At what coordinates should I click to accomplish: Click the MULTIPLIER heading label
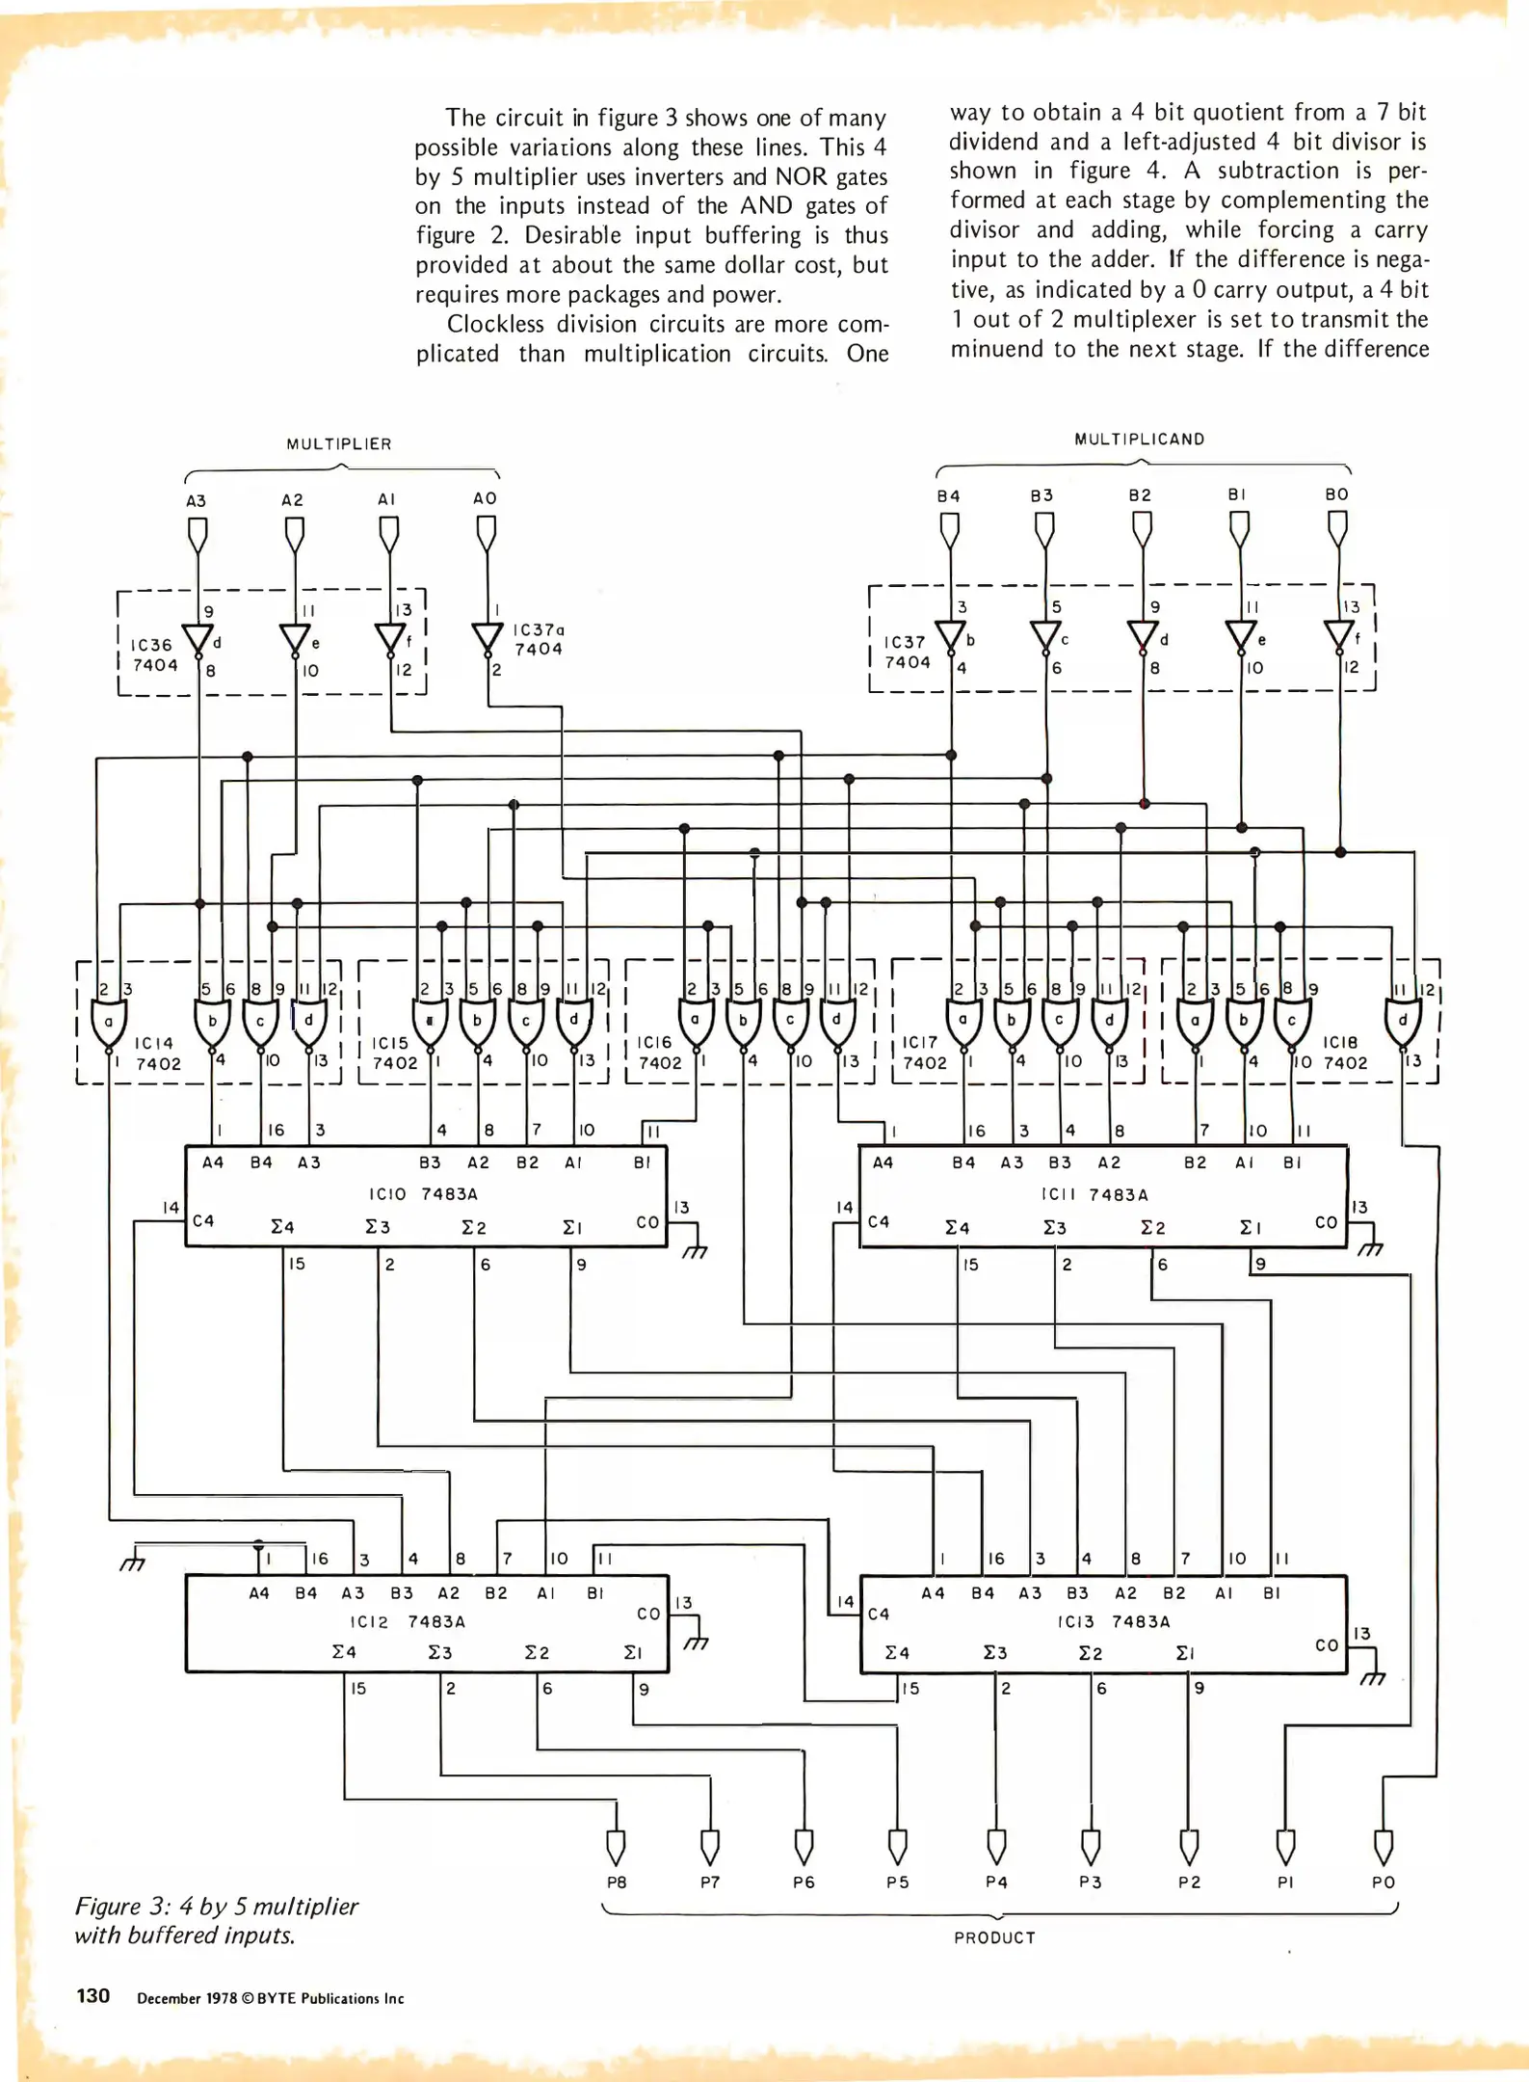(x=338, y=444)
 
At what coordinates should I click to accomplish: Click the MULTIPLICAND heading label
(x=1139, y=440)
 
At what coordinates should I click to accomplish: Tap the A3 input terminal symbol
(x=198, y=533)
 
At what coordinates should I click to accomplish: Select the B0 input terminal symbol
(x=1337, y=526)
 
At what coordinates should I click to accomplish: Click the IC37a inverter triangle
(x=488, y=637)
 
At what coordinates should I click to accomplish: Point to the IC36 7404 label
(x=154, y=654)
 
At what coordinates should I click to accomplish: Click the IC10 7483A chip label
(x=423, y=1194)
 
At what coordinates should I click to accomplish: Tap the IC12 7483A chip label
(x=408, y=1621)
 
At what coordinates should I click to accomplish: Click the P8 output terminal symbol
(x=616, y=1847)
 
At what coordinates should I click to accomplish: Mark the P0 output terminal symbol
(x=1383, y=1847)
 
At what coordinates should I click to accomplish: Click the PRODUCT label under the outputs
(x=994, y=1937)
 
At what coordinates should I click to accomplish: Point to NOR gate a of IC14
(x=108, y=1024)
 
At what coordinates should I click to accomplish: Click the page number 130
(x=92, y=1995)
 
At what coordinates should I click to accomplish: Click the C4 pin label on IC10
(x=203, y=1221)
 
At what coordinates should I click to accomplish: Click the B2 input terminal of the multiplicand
(x=1142, y=527)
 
